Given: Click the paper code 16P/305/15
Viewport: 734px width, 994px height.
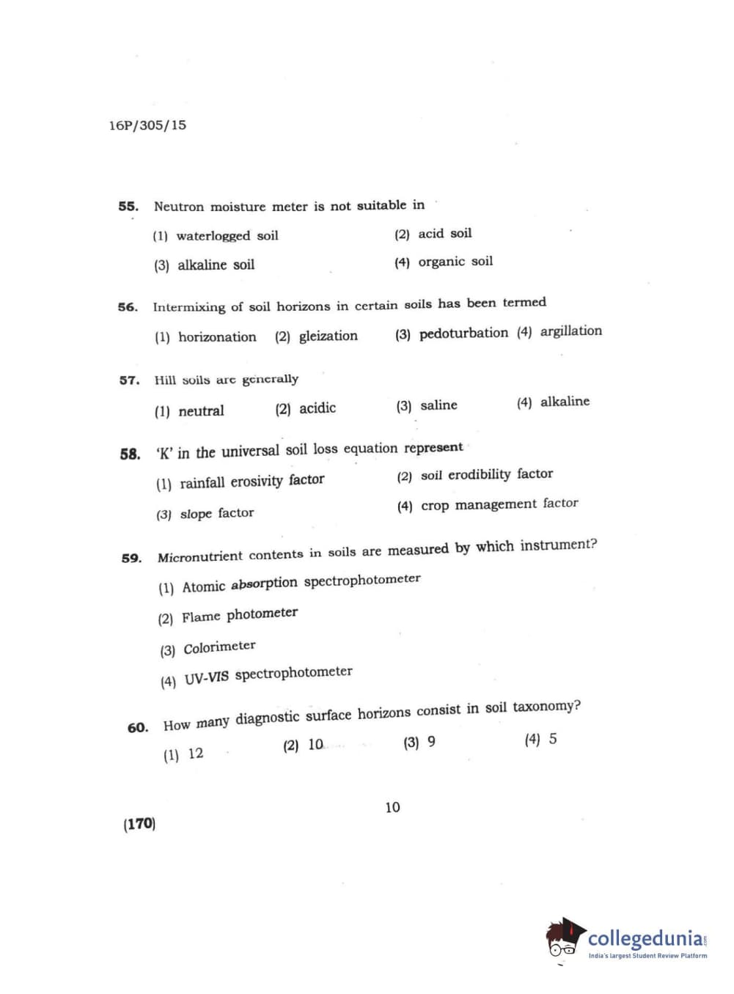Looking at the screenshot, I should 147,125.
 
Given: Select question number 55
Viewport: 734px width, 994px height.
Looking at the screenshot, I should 128,206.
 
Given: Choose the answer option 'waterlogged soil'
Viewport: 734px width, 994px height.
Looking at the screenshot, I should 227,236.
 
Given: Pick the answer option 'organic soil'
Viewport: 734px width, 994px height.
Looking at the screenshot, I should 455,262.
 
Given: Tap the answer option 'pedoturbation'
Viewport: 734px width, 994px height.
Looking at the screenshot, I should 463,334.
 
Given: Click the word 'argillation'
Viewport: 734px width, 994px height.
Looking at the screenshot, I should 570,331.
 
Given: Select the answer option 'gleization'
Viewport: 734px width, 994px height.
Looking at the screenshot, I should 328,336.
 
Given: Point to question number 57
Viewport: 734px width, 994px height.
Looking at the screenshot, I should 129,380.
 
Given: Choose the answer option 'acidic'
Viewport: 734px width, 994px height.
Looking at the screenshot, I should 317,408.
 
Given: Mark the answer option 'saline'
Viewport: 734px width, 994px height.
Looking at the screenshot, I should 438,405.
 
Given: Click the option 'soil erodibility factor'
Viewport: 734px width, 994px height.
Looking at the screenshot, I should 486,475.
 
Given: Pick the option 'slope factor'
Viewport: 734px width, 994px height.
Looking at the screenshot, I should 216,513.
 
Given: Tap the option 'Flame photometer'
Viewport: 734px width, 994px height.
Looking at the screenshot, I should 239,615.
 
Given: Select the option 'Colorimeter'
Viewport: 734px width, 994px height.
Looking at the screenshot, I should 219,647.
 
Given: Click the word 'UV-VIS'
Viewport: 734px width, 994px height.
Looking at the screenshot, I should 206,678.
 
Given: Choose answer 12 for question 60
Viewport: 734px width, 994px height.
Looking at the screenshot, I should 195,754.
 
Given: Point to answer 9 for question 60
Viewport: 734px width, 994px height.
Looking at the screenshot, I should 431,742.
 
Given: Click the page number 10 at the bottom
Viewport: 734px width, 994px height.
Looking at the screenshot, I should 392,807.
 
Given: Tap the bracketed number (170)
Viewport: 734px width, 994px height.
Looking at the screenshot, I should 139,824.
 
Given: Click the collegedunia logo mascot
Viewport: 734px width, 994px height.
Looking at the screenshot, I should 565,938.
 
